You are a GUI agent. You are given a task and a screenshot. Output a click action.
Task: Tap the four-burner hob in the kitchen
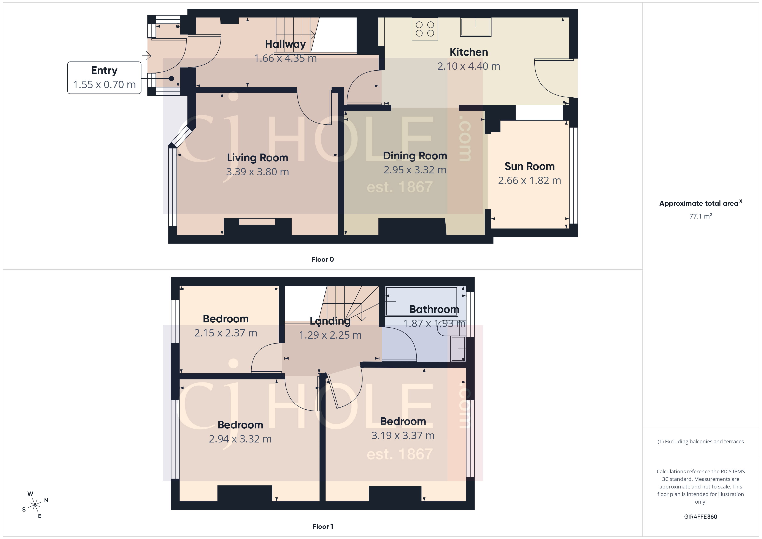click(x=425, y=29)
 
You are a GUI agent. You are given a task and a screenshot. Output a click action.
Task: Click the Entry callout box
click(x=104, y=78)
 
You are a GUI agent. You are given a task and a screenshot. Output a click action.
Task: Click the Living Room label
click(x=257, y=158)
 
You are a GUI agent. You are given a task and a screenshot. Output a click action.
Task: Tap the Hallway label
click(x=285, y=44)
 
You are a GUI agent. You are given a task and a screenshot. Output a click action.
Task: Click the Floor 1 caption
click(x=323, y=526)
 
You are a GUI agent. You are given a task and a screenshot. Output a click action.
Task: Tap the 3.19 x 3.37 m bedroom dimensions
click(x=403, y=435)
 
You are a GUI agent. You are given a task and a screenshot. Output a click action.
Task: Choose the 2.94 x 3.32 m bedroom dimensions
click(x=240, y=439)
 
